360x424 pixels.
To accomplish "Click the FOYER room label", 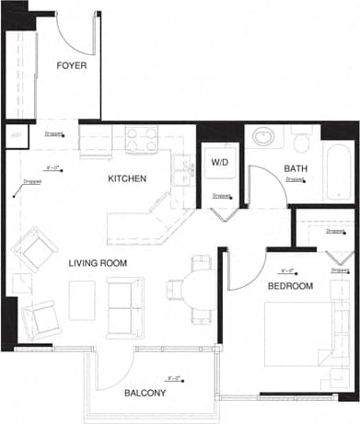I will pyautogui.click(x=71, y=65).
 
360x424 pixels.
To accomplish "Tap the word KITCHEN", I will pyautogui.click(x=127, y=178).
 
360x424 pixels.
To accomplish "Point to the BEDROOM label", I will pyautogui.click(x=291, y=286).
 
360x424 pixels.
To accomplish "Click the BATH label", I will pyautogui.click(x=296, y=168).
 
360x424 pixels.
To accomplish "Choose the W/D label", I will pyautogui.click(x=220, y=163).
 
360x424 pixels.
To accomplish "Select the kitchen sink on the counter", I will pyautogui.click(x=185, y=172).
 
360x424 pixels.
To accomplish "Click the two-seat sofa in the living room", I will pyautogui.click(x=123, y=304).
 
